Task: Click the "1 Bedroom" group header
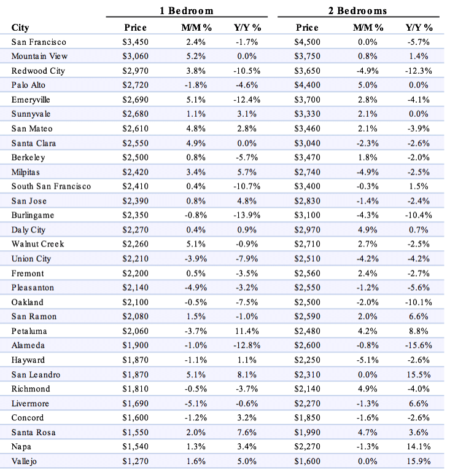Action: coord(187,11)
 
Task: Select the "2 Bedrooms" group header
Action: coord(358,11)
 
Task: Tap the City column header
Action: coord(20,28)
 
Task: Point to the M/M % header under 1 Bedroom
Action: coord(196,28)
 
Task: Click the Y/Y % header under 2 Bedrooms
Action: coord(419,28)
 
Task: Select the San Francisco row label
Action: coord(39,42)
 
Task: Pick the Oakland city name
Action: coord(27,302)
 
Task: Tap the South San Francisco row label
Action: coord(51,186)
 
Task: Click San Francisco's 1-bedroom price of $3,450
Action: coord(135,42)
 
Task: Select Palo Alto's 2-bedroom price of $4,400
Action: coord(307,85)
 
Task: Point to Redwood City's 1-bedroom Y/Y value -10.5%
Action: coord(247,71)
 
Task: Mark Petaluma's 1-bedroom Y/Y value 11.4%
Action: coord(247,331)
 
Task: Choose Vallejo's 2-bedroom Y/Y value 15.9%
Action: coord(419,461)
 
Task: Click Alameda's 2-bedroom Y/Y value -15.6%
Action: coord(419,345)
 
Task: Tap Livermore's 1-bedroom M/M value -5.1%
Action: coord(196,403)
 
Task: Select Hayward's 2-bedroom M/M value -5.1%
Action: coord(368,360)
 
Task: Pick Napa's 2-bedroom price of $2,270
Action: coord(307,447)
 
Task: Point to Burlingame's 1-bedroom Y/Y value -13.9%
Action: coord(247,215)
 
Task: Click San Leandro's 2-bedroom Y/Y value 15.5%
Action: coord(419,375)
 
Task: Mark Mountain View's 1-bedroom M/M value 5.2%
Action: coord(196,56)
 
